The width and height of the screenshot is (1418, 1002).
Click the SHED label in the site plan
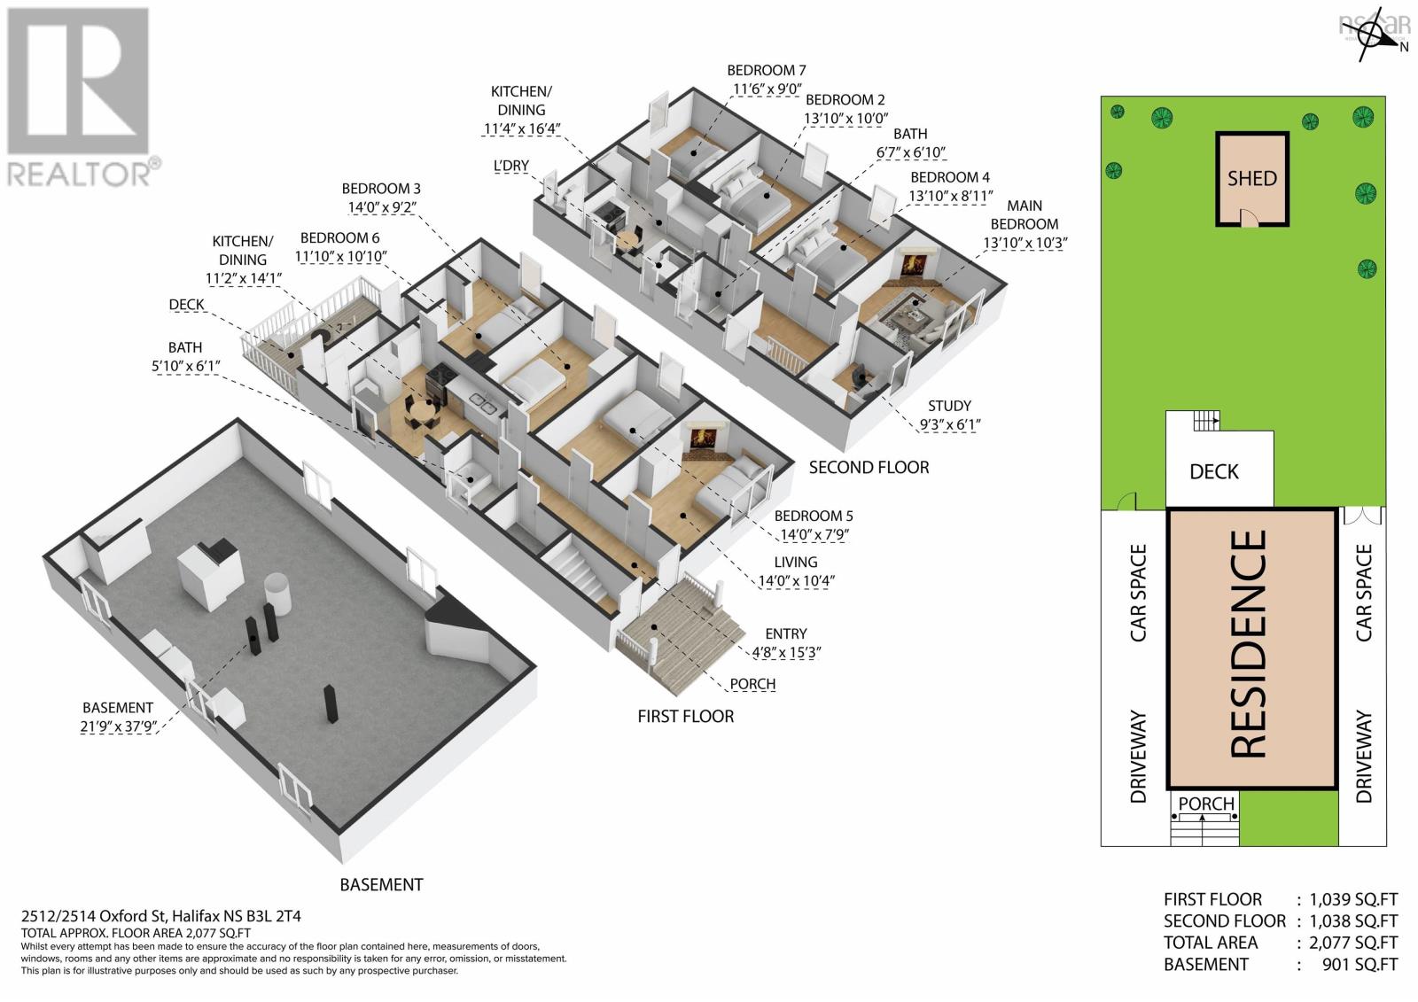coord(1251,178)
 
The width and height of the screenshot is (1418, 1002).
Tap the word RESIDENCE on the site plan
coord(1249,644)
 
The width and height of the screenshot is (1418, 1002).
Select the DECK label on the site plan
coord(1213,471)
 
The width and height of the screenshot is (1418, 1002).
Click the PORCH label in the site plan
coord(1206,804)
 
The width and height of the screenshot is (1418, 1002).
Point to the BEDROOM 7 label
coord(766,70)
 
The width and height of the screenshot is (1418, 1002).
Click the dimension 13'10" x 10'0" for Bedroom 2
coord(845,119)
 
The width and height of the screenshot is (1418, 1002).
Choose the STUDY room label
coord(949,406)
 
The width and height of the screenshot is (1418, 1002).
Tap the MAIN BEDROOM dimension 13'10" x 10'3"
coord(1025,243)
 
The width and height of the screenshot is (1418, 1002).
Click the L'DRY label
coord(510,166)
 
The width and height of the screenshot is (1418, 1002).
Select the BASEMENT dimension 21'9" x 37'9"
coord(119,726)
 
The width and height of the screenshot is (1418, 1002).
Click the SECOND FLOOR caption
coord(869,468)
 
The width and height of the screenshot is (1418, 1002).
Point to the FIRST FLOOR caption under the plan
coord(686,717)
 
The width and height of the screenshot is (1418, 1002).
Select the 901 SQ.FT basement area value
coord(1360,965)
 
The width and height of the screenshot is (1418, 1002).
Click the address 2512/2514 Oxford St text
coord(94,916)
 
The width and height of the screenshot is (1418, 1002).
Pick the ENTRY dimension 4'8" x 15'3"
coord(785,653)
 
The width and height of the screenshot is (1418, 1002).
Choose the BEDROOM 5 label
coord(814,516)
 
